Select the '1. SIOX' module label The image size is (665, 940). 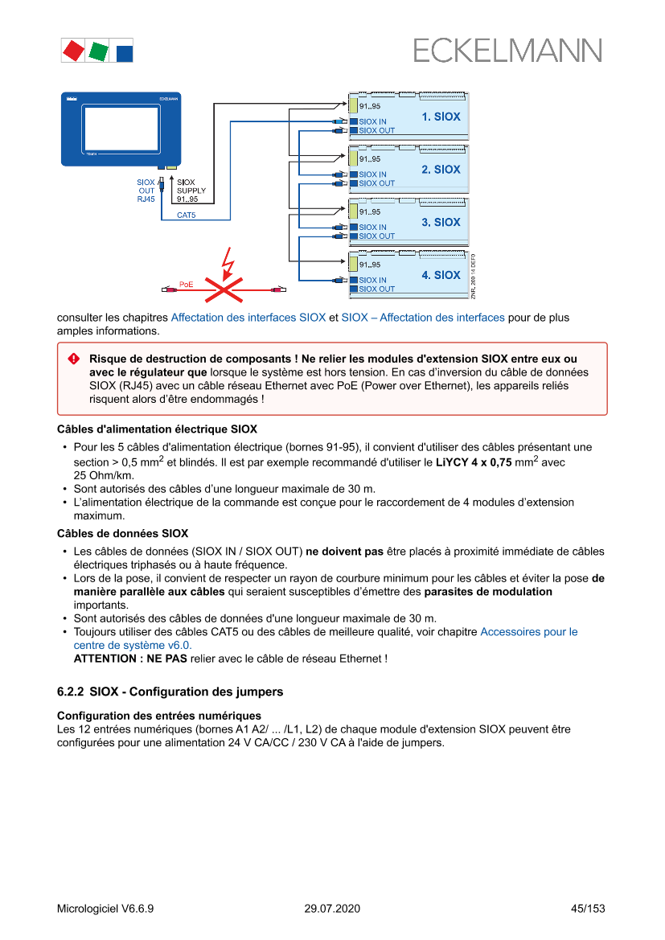pyautogui.click(x=441, y=117)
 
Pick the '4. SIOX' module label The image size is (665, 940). pyautogui.click(x=441, y=275)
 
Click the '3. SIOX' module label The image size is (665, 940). pyautogui.click(x=441, y=222)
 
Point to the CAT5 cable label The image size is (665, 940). pyautogui.click(x=187, y=216)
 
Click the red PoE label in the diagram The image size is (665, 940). pyautogui.click(x=187, y=284)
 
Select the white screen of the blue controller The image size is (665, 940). pyautogui.click(x=121, y=124)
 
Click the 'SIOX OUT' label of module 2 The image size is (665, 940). pyautogui.click(x=376, y=183)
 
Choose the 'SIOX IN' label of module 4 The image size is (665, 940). pyautogui.click(x=372, y=280)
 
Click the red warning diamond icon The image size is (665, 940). pyautogui.click(x=74, y=359)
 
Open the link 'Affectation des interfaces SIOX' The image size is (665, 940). pyautogui.click(x=248, y=318)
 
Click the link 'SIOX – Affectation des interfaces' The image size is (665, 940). pyautogui.click(x=423, y=318)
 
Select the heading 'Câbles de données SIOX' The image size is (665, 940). pyautogui.click(x=122, y=533)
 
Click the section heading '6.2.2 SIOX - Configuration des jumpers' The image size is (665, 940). pyautogui.click(x=170, y=692)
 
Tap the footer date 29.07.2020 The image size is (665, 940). pyautogui.click(x=332, y=909)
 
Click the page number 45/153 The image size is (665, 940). pyautogui.click(x=587, y=909)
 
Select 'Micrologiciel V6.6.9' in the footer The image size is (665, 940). pyautogui.click(x=105, y=909)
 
